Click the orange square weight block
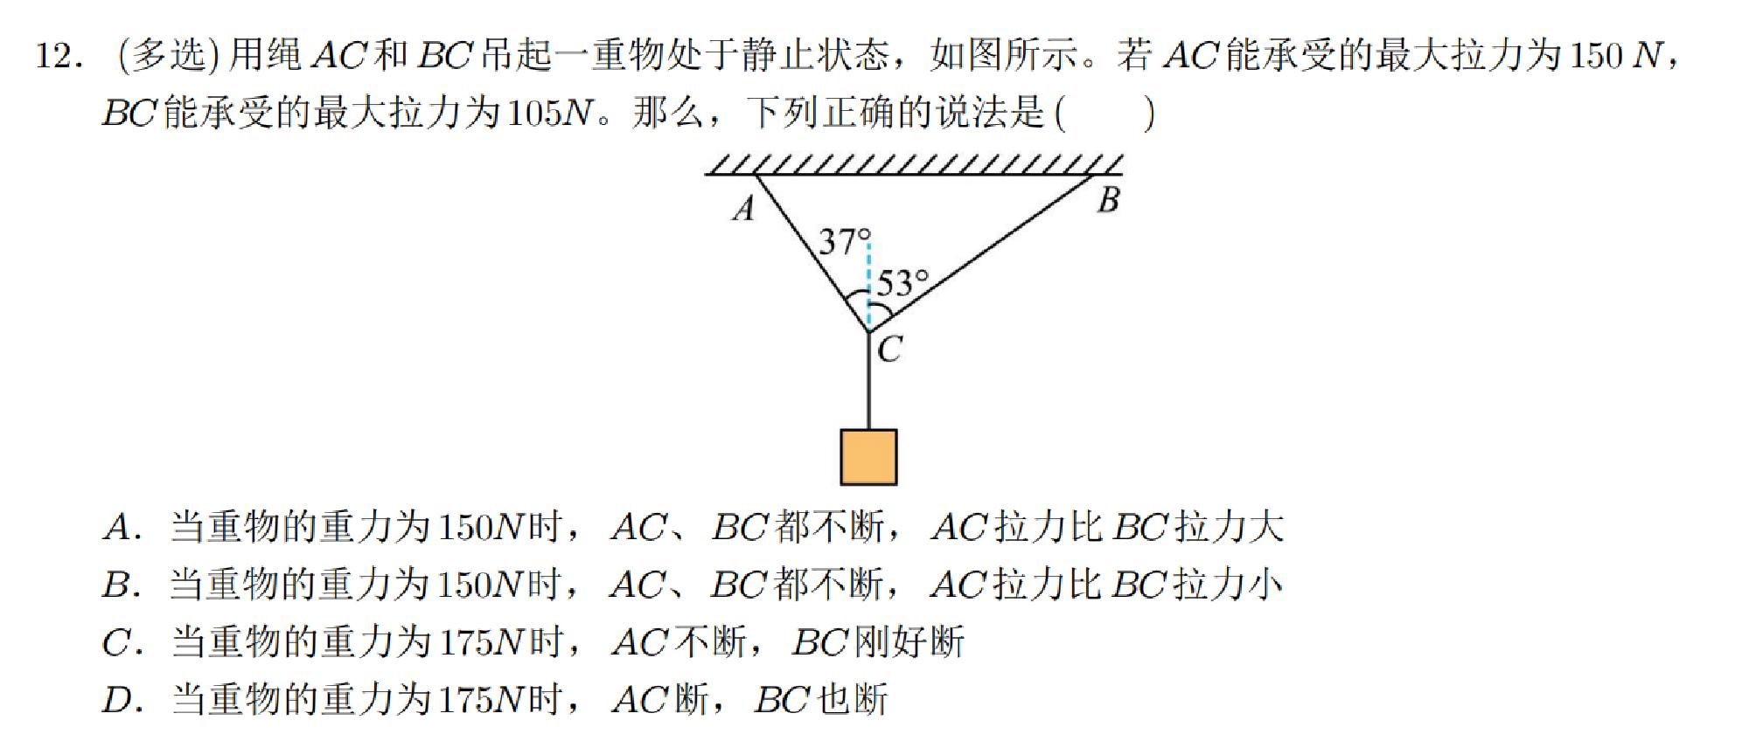point(868,456)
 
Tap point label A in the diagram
point(743,208)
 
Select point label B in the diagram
point(1108,200)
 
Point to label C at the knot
point(889,350)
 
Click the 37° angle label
point(844,241)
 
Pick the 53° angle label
point(902,283)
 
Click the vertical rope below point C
point(868,384)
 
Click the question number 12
point(59,57)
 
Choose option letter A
point(119,528)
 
